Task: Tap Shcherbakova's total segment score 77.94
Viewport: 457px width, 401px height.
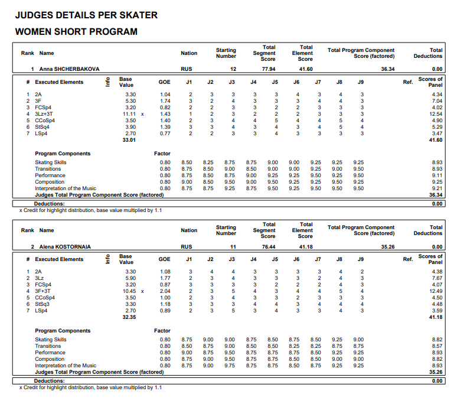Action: click(x=269, y=69)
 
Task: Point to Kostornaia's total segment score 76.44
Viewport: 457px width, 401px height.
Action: click(x=269, y=246)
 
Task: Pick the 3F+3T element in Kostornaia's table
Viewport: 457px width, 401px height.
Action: click(x=44, y=291)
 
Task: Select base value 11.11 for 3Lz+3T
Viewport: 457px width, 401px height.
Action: click(x=129, y=113)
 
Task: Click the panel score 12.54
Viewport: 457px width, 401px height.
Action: click(x=436, y=113)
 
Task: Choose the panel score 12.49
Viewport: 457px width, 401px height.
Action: click(x=436, y=291)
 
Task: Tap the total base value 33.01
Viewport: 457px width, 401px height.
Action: click(x=129, y=140)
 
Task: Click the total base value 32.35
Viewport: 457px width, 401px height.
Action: click(x=129, y=317)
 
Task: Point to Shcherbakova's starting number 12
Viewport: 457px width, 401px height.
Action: click(x=233, y=69)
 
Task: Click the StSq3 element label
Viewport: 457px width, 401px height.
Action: click(x=43, y=304)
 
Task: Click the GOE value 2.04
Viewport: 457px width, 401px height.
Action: click(x=165, y=291)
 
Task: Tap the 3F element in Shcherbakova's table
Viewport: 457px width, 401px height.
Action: click(x=38, y=100)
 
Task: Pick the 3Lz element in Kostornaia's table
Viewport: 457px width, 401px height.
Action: click(x=39, y=278)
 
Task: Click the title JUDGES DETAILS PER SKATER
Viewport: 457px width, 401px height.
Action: click(x=86, y=15)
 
